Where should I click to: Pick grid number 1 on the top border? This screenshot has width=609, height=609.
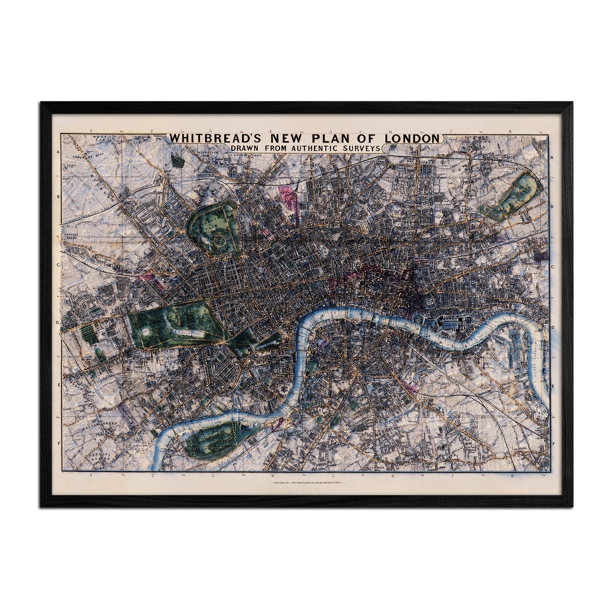(90, 131)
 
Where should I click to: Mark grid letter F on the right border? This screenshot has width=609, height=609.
(553, 444)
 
